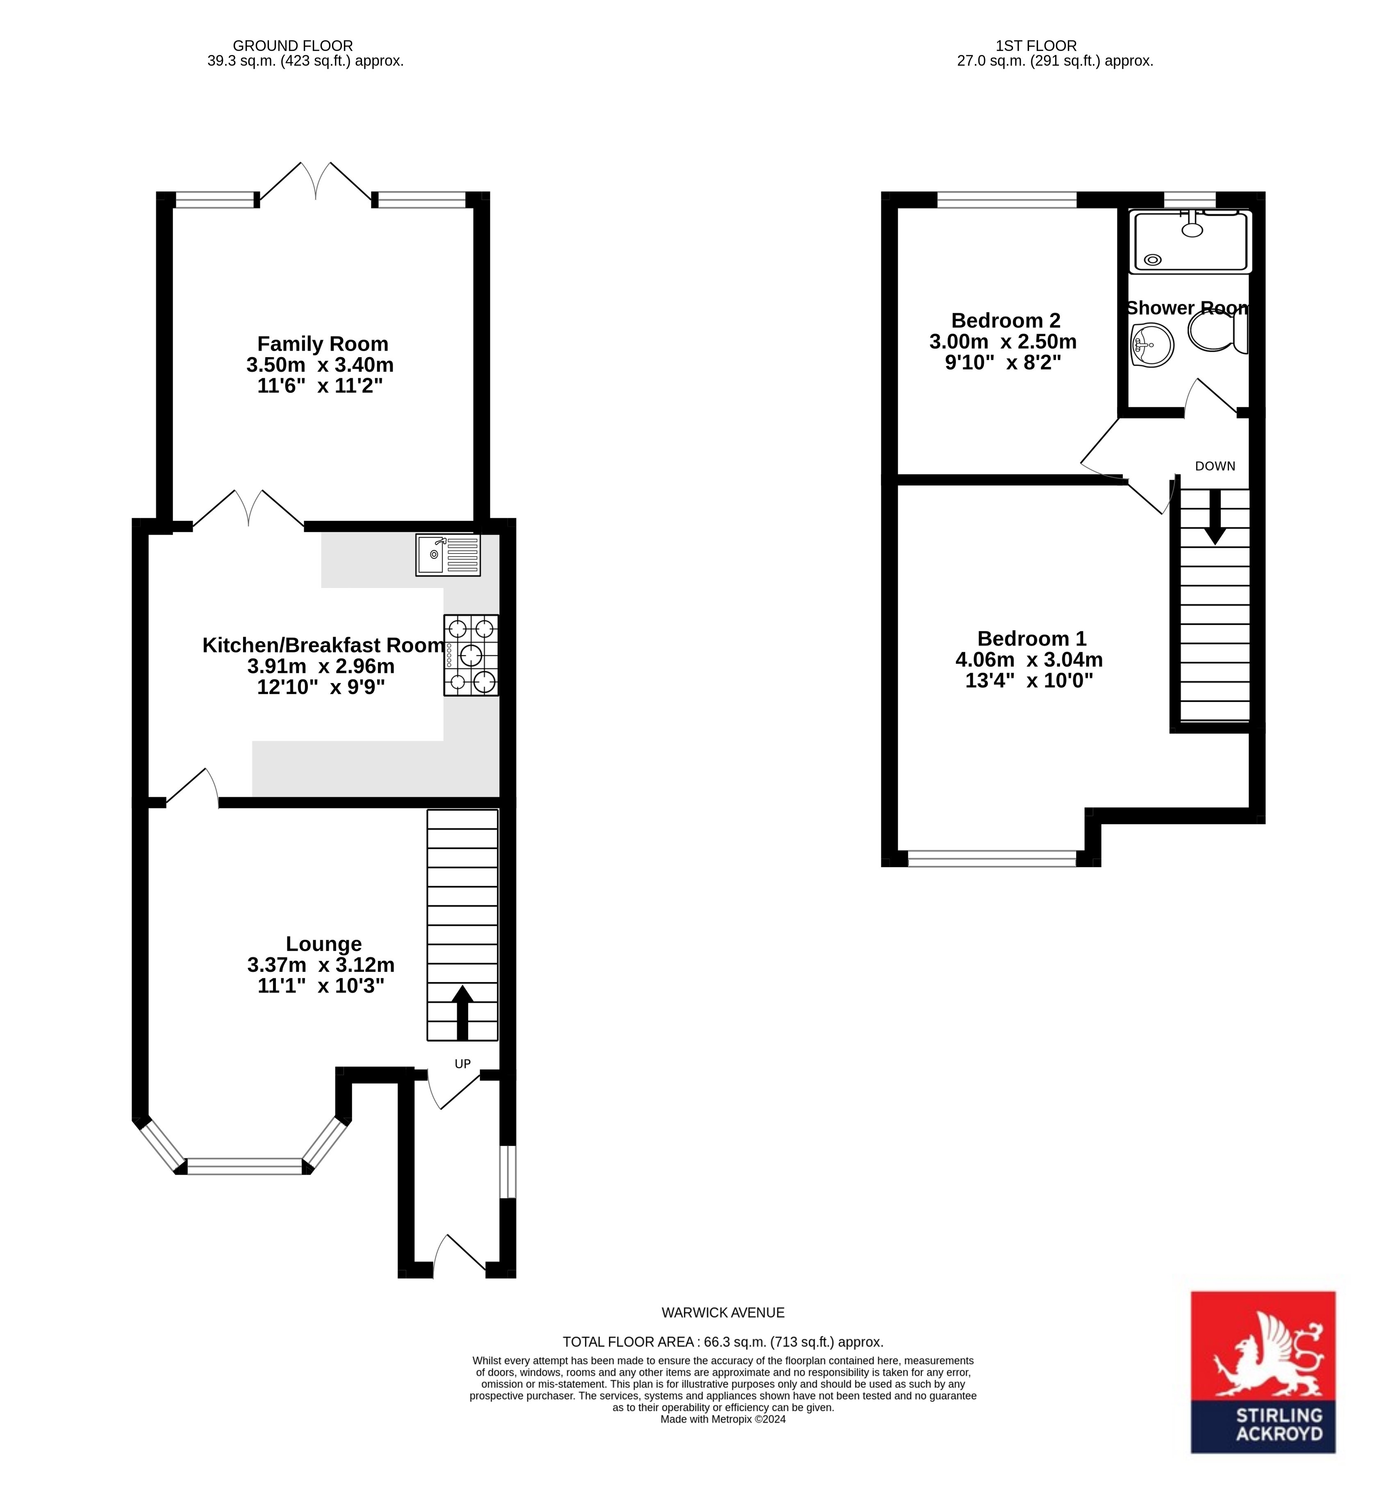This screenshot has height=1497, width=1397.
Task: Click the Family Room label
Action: pyautogui.click(x=322, y=344)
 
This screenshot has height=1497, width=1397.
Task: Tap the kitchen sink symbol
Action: pyautogui.click(x=447, y=555)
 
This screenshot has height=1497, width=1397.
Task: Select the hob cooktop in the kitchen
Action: pyautogui.click(x=471, y=655)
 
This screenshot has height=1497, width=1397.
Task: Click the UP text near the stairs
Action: pyautogui.click(x=462, y=1063)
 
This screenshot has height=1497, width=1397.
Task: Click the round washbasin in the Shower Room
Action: pyautogui.click(x=1151, y=345)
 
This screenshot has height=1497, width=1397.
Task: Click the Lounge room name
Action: pyautogui.click(x=324, y=943)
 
